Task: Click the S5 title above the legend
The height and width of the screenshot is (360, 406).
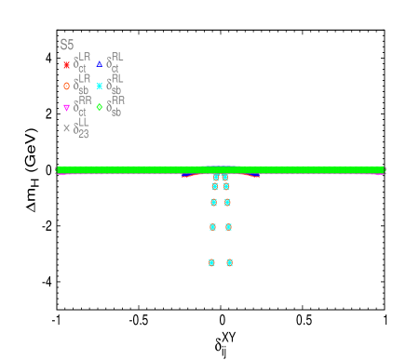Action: click(67, 45)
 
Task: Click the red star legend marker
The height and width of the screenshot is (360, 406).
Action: click(66, 65)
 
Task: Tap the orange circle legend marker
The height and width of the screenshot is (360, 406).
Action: click(66, 86)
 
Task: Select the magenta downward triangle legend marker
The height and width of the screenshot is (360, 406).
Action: click(66, 108)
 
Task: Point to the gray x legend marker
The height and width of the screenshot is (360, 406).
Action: click(66, 128)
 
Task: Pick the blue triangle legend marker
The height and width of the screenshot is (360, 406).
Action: click(100, 64)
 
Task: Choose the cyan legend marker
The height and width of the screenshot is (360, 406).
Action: click(100, 86)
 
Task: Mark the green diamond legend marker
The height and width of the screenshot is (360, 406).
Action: click(100, 107)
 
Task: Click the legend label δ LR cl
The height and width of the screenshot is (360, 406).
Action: click(82, 63)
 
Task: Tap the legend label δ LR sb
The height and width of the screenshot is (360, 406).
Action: click(82, 85)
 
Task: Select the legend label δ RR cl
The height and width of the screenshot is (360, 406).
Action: click(82, 106)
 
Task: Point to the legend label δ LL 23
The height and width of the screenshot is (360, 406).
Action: click(82, 127)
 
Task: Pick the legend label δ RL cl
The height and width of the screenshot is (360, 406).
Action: click(115, 63)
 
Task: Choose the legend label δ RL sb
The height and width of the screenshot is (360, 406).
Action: click(115, 85)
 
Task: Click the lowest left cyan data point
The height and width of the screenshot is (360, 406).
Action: click(211, 262)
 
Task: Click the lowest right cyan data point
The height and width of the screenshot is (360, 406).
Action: click(229, 262)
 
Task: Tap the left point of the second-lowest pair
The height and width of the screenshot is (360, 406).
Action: click(212, 226)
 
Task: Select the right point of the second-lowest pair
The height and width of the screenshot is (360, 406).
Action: click(228, 226)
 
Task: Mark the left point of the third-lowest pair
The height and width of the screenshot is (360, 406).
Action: click(213, 202)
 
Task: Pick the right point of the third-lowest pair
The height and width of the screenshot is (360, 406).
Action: click(227, 202)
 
